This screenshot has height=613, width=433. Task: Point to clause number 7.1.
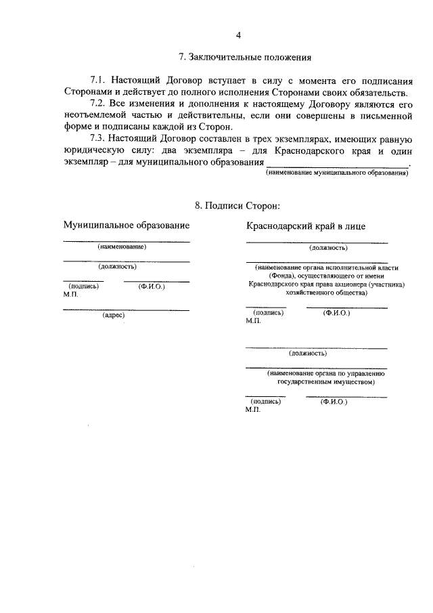pos(99,80)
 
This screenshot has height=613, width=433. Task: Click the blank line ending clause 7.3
pos(338,166)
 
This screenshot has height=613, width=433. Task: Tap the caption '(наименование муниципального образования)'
pos(336,174)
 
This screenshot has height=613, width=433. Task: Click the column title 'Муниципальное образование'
pos(127,224)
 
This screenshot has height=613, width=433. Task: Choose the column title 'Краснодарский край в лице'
pos(306,226)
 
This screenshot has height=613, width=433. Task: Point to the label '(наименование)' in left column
pos(122,247)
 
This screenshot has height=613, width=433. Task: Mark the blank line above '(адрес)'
pos(126,310)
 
